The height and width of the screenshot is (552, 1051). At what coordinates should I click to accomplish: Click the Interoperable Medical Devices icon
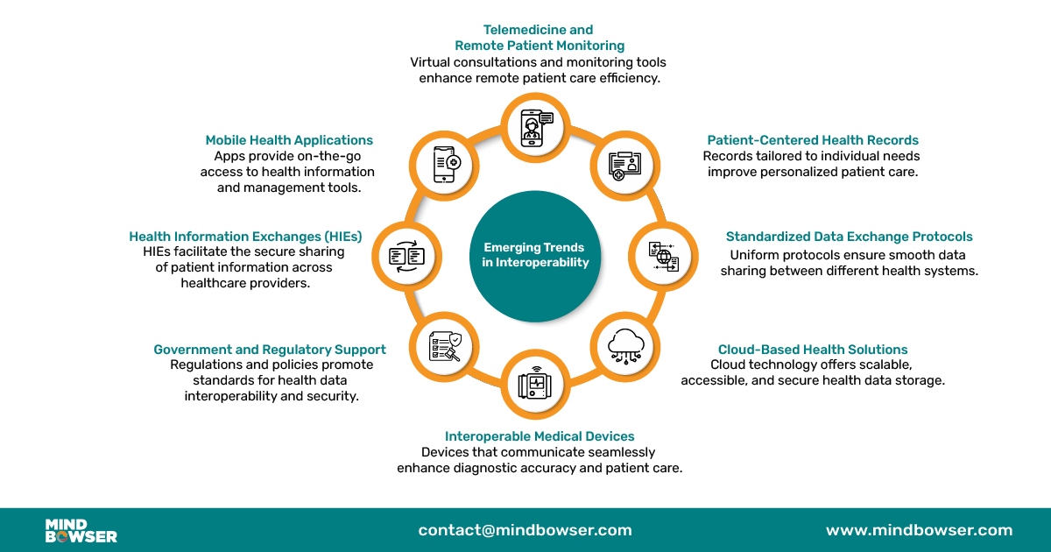pos(534,383)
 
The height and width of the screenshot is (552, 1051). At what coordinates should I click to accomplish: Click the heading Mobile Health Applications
pos(289,140)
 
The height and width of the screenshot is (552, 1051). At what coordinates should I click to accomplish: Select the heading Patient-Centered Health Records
pos(813,140)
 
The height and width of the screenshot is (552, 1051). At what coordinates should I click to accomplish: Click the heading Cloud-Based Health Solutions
pos(813,350)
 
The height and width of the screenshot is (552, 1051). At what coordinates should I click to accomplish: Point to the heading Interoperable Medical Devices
pos(540,436)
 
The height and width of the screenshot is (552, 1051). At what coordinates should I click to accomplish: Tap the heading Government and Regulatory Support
pos(270,350)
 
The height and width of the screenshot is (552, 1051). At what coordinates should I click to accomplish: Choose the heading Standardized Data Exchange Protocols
pos(849,237)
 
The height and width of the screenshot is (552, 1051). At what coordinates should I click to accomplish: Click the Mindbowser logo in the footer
pos(81,530)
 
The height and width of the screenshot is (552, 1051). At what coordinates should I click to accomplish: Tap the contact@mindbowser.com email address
pos(525,530)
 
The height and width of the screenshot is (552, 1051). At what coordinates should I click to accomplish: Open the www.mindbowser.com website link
pos(919,530)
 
